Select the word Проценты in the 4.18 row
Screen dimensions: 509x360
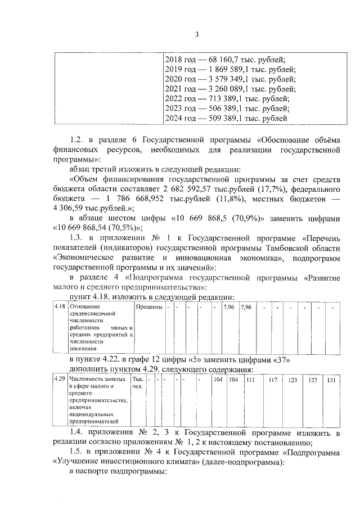pos(150,307)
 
